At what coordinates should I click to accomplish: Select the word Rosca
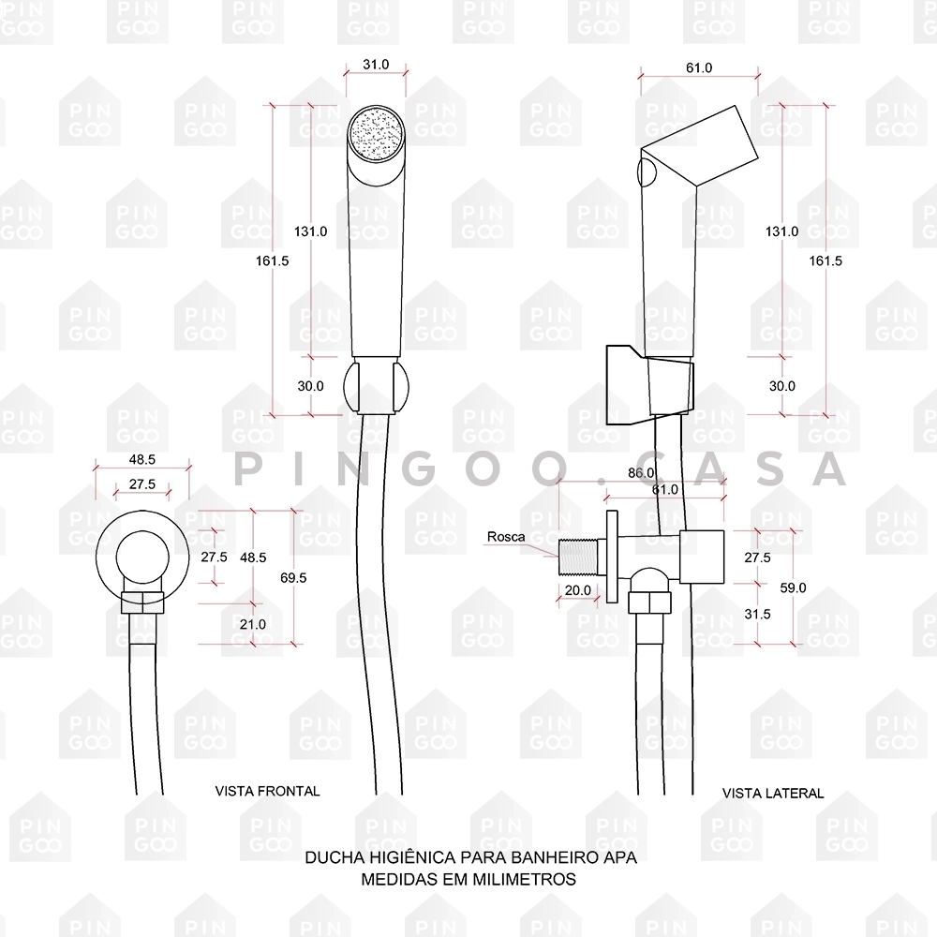(x=505, y=537)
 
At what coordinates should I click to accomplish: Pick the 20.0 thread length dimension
(x=578, y=590)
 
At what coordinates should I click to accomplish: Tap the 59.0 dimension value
(x=792, y=587)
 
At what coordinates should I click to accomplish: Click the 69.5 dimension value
(x=292, y=578)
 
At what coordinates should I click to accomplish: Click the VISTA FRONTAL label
(x=267, y=791)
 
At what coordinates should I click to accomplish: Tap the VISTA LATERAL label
(x=773, y=793)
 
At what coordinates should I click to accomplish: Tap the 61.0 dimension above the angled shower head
(x=699, y=67)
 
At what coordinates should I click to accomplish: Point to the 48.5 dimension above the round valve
(x=142, y=460)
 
